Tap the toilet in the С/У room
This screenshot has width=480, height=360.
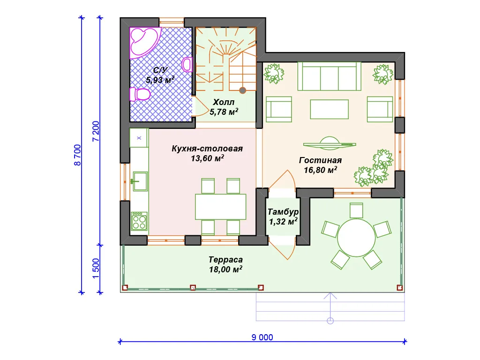pyautogui.click(x=140, y=94)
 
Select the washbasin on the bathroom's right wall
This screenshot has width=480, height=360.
pyautogui.click(x=187, y=65)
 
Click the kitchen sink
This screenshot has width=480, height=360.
pyautogui.click(x=140, y=181)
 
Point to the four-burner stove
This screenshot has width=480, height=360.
pyautogui.click(x=139, y=221)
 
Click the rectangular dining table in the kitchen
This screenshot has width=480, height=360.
pyautogui.click(x=221, y=207)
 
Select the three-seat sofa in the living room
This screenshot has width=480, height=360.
pyautogui.click(x=330, y=76)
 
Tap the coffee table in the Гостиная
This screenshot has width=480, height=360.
pyautogui.click(x=330, y=109)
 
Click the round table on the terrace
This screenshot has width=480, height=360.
pyautogui.click(x=356, y=238)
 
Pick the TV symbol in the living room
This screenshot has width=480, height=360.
pyautogui.click(x=330, y=143)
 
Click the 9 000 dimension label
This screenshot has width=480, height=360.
pyautogui.click(x=262, y=337)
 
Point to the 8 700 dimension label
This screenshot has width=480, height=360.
pyautogui.click(x=77, y=155)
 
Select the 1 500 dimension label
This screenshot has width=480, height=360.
pyautogui.click(x=96, y=269)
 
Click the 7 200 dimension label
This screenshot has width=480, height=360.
pyautogui.click(x=96, y=131)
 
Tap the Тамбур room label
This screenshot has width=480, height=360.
pyautogui.click(x=283, y=212)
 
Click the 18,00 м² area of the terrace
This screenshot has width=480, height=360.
pyautogui.click(x=225, y=270)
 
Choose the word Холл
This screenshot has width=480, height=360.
pyautogui.click(x=224, y=102)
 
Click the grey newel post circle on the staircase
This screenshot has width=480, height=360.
pyautogui.click(x=242, y=90)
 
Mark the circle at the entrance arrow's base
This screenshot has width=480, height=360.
pyautogui.click(x=330, y=321)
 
